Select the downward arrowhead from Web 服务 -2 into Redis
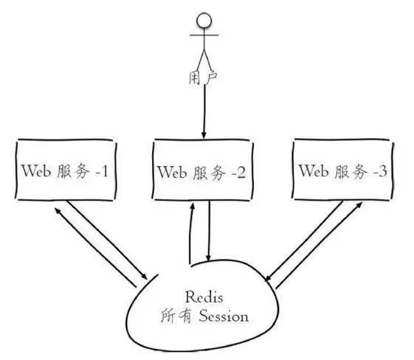[x=210, y=258]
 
